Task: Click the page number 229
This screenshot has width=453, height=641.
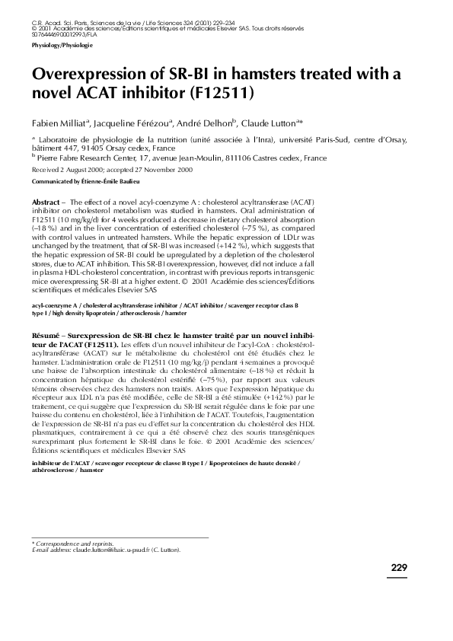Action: click(399, 568)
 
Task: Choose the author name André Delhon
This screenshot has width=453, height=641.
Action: click(206, 123)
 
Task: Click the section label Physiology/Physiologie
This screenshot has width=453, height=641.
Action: click(62, 46)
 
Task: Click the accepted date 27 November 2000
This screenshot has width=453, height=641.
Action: click(163, 171)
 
